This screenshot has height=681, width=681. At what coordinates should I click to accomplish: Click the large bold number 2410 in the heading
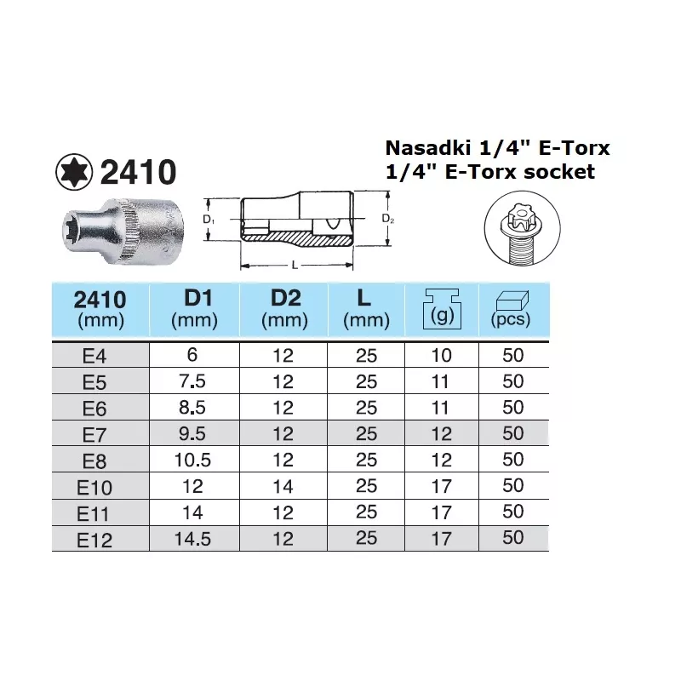tap(138, 173)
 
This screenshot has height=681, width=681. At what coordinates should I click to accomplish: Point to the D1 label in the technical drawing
tap(208, 220)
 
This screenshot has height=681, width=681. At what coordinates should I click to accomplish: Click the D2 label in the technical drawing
tap(388, 219)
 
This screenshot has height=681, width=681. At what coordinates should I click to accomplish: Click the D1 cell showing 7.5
tap(195, 382)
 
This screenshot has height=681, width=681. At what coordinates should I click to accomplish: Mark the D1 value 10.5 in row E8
tap(195, 461)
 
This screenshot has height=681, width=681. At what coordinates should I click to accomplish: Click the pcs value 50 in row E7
tap(513, 434)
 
